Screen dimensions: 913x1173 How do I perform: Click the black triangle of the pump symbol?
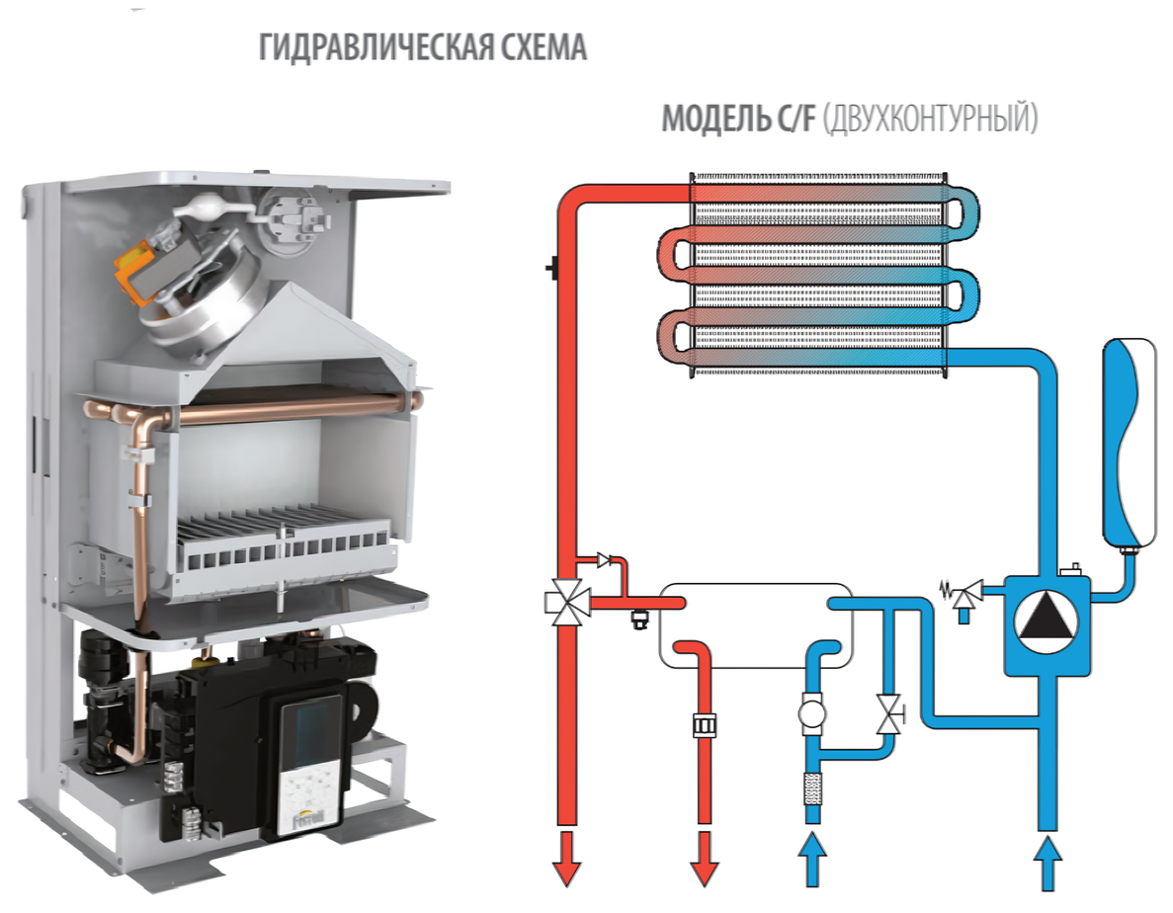pos(1047,620)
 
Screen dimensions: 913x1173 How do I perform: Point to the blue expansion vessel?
pos(1129,440)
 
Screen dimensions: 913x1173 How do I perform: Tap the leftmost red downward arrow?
pos(567,856)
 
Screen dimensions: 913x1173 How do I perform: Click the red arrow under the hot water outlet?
pos(704,856)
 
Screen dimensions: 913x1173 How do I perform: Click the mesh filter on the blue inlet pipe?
pos(813,787)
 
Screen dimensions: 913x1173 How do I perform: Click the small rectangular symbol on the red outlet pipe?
pos(705,723)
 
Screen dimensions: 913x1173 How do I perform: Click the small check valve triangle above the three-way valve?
pos(604,561)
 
